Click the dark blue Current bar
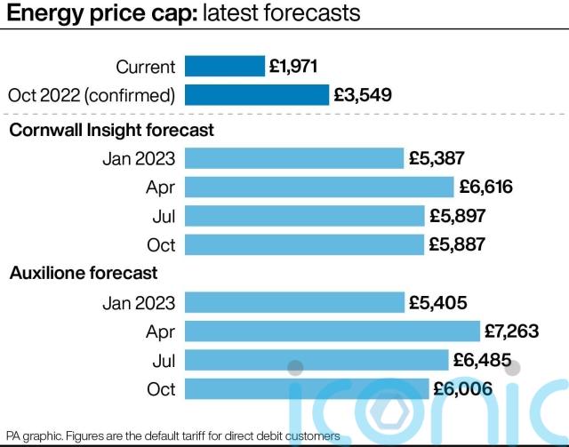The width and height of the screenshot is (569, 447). point(225,66)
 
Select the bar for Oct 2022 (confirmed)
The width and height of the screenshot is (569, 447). point(257,94)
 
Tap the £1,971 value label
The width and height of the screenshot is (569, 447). point(294,66)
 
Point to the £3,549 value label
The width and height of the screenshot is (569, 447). point(362,94)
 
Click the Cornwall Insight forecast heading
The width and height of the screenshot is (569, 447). point(111,130)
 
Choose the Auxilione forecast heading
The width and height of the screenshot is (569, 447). point(83,273)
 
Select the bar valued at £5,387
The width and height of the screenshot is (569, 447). point(294,158)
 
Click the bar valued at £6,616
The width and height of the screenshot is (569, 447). point(319,187)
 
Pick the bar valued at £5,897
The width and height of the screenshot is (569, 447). point(304,215)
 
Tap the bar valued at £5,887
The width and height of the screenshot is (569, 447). point(304,244)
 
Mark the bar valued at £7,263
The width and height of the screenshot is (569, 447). point(332,331)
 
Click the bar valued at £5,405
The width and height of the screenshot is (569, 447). point(294,302)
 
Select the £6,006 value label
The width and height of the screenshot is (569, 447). point(462,387)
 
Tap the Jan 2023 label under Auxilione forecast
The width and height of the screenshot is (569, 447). point(138,302)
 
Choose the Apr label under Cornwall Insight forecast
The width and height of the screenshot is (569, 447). point(160,187)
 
